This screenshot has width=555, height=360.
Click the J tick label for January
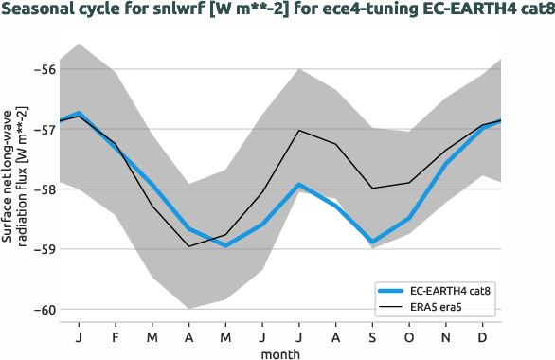[78, 336]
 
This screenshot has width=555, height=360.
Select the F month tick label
[115, 336]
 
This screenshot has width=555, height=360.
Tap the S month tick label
[374, 336]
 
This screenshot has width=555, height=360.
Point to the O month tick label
[410, 336]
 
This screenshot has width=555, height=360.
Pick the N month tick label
[447, 336]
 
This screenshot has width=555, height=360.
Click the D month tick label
[484, 336]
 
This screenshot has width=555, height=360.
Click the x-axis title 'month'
[281, 352]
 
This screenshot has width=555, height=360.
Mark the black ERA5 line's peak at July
[299, 130]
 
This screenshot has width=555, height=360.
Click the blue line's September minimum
[374, 243]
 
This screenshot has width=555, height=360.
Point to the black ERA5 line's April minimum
[188, 246]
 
